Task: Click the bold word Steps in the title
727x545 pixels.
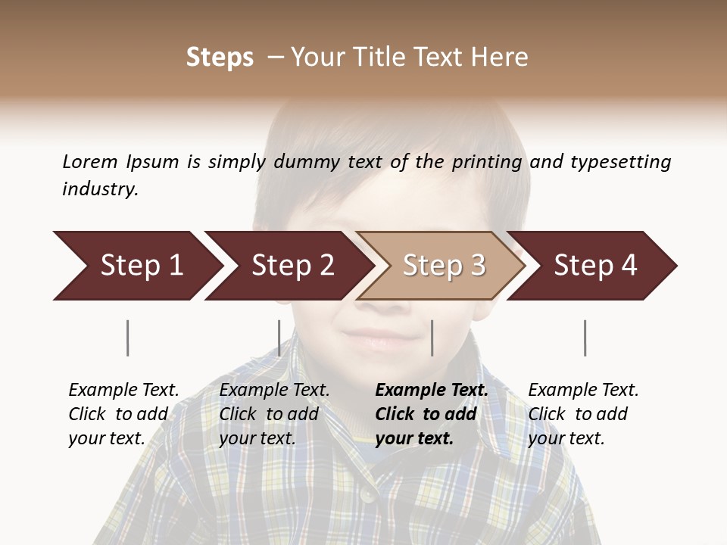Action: (x=220, y=58)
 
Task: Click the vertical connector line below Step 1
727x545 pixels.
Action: (x=128, y=338)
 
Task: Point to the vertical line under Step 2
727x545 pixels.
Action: (x=279, y=338)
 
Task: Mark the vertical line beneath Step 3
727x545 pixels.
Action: (x=432, y=338)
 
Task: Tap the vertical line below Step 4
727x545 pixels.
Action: (x=585, y=338)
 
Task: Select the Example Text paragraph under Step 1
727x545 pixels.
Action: (x=123, y=413)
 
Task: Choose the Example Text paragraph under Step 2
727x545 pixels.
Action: (x=274, y=413)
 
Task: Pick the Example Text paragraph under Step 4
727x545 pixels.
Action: (x=583, y=413)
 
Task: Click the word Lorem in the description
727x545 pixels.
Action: (x=90, y=161)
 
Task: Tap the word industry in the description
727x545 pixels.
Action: (x=100, y=188)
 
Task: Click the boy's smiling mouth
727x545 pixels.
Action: (x=376, y=335)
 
